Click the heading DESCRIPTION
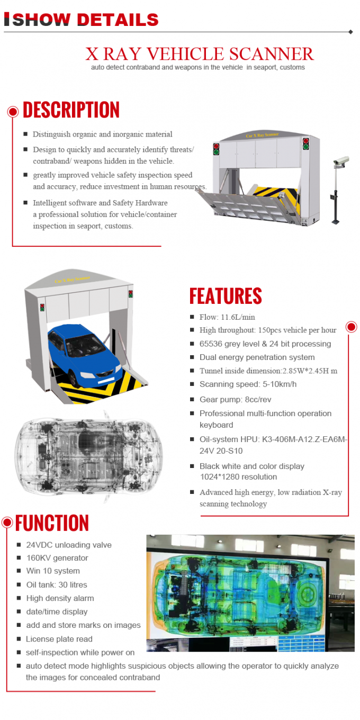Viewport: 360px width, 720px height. tap(71, 110)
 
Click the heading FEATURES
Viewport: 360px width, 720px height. tap(226, 296)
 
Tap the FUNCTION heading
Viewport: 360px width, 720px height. tap(52, 523)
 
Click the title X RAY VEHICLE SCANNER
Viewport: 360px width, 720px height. tap(200, 53)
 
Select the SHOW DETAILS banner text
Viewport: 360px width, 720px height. tap(85, 20)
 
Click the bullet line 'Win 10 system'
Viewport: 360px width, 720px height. tap(53, 571)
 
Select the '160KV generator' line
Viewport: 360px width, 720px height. tap(57, 558)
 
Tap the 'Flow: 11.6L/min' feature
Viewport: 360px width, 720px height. tap(227, 317)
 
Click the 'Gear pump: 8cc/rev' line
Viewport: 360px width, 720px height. tap(235, 400)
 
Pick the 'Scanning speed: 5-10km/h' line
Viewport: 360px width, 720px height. tap(248, 384)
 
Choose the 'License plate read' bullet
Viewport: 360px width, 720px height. tap(59, 639)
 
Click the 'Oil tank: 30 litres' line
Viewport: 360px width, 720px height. tap(57, 585)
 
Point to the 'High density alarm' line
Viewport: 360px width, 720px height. tap(60, 598)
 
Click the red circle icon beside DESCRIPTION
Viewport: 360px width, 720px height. tap(13, 111)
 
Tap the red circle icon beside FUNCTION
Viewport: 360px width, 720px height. tap(7, 523)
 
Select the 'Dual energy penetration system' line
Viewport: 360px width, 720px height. tap(257, 357)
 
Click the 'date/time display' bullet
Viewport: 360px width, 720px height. tap(57, 611)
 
